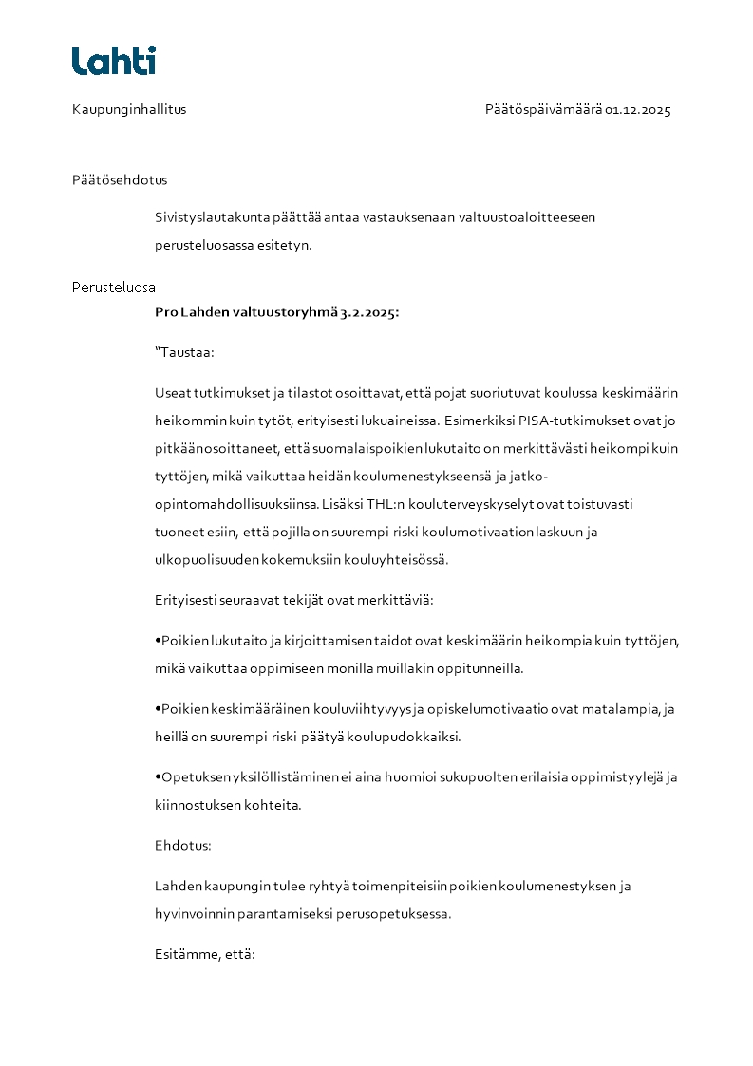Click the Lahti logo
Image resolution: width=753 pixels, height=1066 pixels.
113,61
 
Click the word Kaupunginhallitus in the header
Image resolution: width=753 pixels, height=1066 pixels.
129,109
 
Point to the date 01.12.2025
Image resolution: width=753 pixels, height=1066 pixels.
638,109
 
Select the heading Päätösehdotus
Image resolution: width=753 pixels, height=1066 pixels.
120,179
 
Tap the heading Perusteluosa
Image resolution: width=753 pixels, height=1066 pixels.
114,287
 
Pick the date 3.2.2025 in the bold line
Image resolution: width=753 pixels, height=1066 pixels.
369,311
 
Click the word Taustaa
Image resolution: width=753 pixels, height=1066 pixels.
187,352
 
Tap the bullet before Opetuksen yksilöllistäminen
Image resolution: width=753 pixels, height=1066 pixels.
158,777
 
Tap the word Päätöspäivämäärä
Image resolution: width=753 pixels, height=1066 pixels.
543,109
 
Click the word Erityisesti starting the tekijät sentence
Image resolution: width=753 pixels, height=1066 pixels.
190,599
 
